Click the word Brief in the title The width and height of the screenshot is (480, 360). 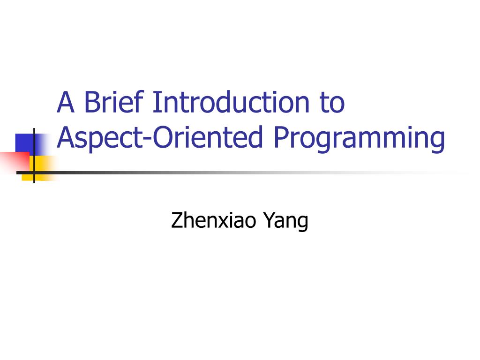[x=114, y=102]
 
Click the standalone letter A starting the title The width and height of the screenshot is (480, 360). [x=66, y=102]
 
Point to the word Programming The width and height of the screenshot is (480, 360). [x=359, y=138]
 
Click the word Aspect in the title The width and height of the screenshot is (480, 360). [x=100, y=138]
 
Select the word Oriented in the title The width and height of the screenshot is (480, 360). [x=208, y=136]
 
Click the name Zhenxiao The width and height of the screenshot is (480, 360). [x=213, y=220]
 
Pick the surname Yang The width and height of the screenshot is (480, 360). [x=286, y=222]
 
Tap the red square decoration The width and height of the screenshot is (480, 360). [x=15, y=161]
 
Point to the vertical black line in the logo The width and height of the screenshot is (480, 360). [x=34, y=156]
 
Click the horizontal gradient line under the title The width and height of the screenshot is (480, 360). [x=242, y=173]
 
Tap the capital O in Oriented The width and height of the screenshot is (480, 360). [x=163, y=136]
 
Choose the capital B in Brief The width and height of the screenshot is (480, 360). [x=93, y=102]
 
